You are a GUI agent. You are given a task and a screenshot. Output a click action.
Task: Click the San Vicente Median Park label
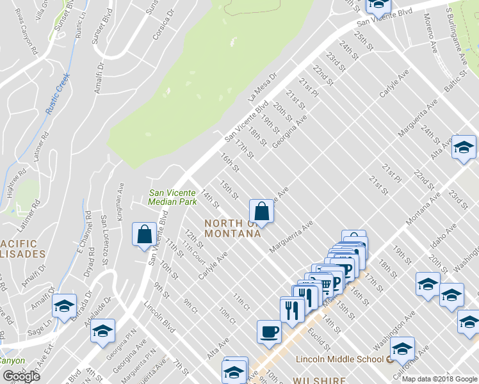tap(172, 196)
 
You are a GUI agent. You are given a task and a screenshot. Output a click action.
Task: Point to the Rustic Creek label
tap(58, 93)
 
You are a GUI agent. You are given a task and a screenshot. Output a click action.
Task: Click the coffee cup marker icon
tap(269, 332)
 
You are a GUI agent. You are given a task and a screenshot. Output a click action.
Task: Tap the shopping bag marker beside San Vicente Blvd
tap(144, 234)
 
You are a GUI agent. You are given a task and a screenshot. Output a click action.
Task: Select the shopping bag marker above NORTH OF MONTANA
tap(261, 210)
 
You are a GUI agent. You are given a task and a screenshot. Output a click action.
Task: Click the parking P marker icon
tap(344, 268)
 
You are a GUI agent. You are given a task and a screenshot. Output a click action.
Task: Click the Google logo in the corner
tap(21, 376)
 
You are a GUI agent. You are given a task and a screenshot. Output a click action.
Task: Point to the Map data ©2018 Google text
tap(439, 379)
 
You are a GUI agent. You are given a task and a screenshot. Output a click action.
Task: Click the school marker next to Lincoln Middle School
tap(402, 349)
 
